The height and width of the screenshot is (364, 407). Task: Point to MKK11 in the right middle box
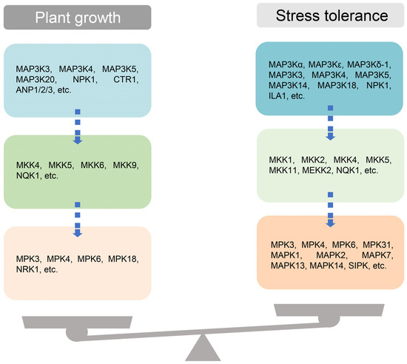(x=280, y=170)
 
